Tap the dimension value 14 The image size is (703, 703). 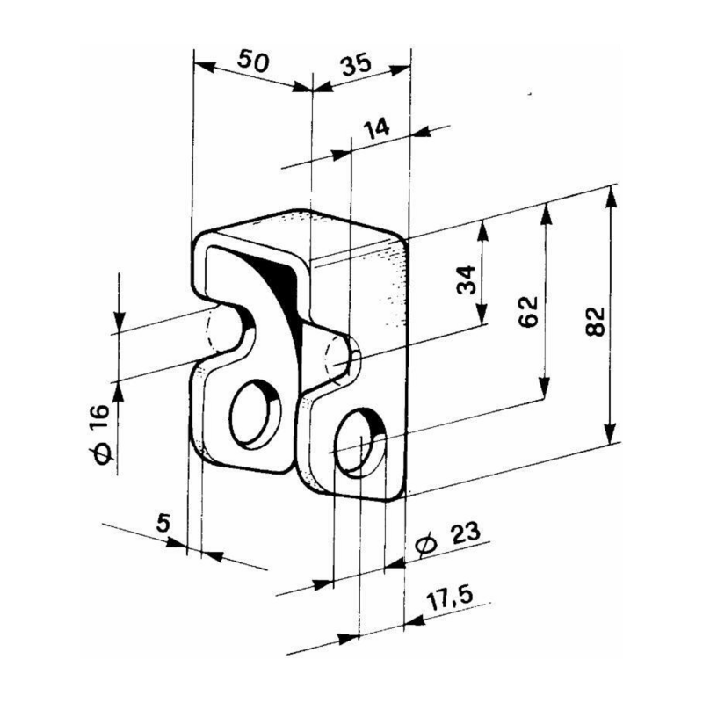click(376, 128)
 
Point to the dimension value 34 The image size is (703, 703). click(469, 279)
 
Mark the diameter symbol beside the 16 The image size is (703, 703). click(100, 452)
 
